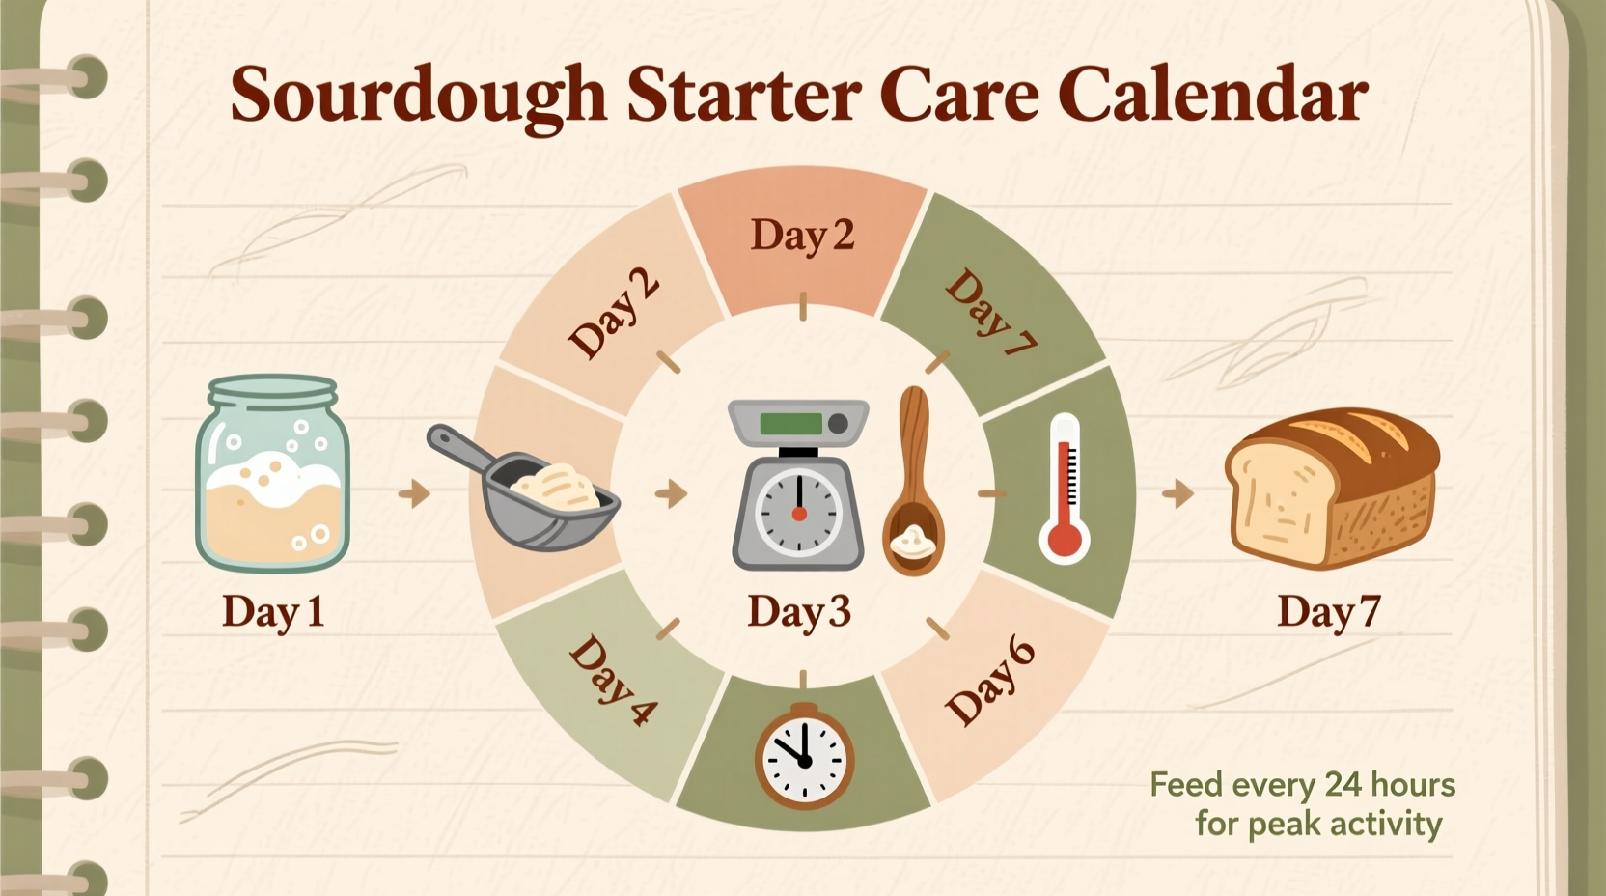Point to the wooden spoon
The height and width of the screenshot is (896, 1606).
[912, 483]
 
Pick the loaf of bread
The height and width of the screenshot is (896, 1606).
[1332, 488]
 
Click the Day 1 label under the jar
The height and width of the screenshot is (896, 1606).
[273, 612]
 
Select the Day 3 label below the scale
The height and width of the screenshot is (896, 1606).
[799, 612]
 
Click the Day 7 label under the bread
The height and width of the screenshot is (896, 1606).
[1329, 612]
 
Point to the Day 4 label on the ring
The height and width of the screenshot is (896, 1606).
[612, 681]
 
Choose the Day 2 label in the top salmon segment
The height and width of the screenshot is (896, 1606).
[802, 236]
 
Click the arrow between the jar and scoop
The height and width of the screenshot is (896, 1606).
[415, 493]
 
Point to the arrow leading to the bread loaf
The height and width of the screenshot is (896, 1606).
[1178, 493]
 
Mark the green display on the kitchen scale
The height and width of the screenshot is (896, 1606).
[790, 424]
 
